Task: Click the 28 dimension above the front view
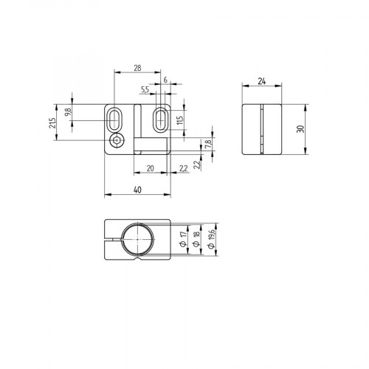137,67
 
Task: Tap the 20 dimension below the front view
150,168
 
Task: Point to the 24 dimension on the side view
263,83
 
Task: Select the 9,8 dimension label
67,112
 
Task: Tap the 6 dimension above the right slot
165,80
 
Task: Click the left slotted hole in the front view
116,120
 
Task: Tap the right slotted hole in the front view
160,120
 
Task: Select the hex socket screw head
116,142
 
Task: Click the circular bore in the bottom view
137,239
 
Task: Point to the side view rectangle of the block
263,129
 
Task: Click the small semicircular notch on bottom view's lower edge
137,260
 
